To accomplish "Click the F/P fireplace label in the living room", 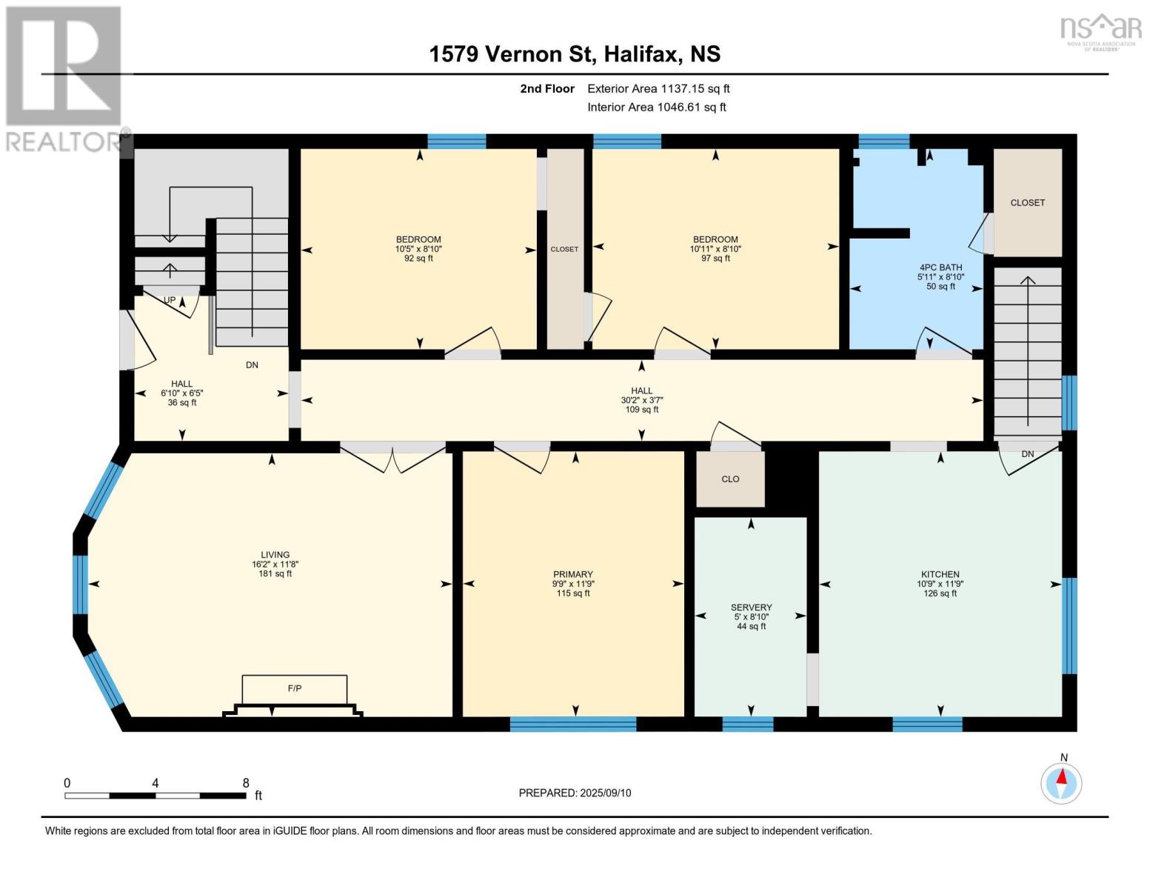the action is coord(295,688).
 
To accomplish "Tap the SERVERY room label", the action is coord(752,607).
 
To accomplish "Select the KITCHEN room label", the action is coord(940,574).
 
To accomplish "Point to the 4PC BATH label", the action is coord(941,267).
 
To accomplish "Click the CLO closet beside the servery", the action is coord(730,479).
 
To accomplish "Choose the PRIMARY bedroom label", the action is coord(573,574).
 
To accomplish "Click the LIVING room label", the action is coord(275,555).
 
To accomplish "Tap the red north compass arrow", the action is coord(1062,776).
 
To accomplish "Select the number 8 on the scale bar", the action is coord(246,782).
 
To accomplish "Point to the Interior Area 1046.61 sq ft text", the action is coord(657,107).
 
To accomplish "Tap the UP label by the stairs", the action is coord(170,300).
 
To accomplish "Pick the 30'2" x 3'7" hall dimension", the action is coord(642,400).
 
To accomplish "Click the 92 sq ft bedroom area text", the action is coord(418,259).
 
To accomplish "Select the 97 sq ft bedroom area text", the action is coord(715,259).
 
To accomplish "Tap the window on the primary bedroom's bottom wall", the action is coord(573,724).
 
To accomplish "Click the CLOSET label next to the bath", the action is coord(1028,203).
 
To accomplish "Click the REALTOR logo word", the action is coord(64,141).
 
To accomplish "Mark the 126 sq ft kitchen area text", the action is coord(940,593).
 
